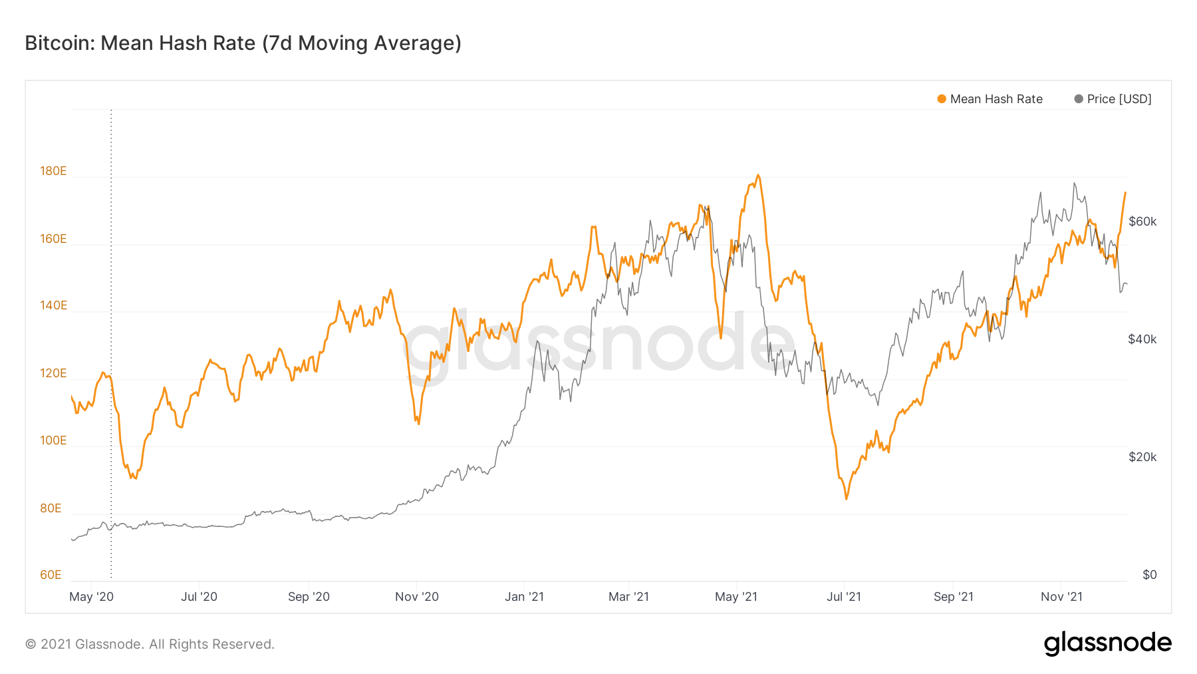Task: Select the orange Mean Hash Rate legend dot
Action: pos(942,99)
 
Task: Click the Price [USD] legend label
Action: pos(1119,99)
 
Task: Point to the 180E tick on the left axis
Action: pos(53,171)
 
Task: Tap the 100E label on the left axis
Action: pos(53,440)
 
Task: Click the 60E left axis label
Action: pos(51,575)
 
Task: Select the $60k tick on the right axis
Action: pos(1142,222)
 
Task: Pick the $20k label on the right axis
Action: pos(1142,457)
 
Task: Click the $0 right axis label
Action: pos(1149,575)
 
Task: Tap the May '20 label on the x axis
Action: pos(92,597)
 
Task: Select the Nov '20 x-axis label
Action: pos(417,597)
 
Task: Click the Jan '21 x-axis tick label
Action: pos(524,597)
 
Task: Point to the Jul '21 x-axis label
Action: pos(843,597)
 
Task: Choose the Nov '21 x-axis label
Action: pos(1061,597)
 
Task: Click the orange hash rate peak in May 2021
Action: pos(758,176)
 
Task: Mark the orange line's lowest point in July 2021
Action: pos(846,498)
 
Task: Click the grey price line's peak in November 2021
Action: pos(1074,184)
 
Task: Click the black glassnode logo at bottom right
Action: pos(1107,643)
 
